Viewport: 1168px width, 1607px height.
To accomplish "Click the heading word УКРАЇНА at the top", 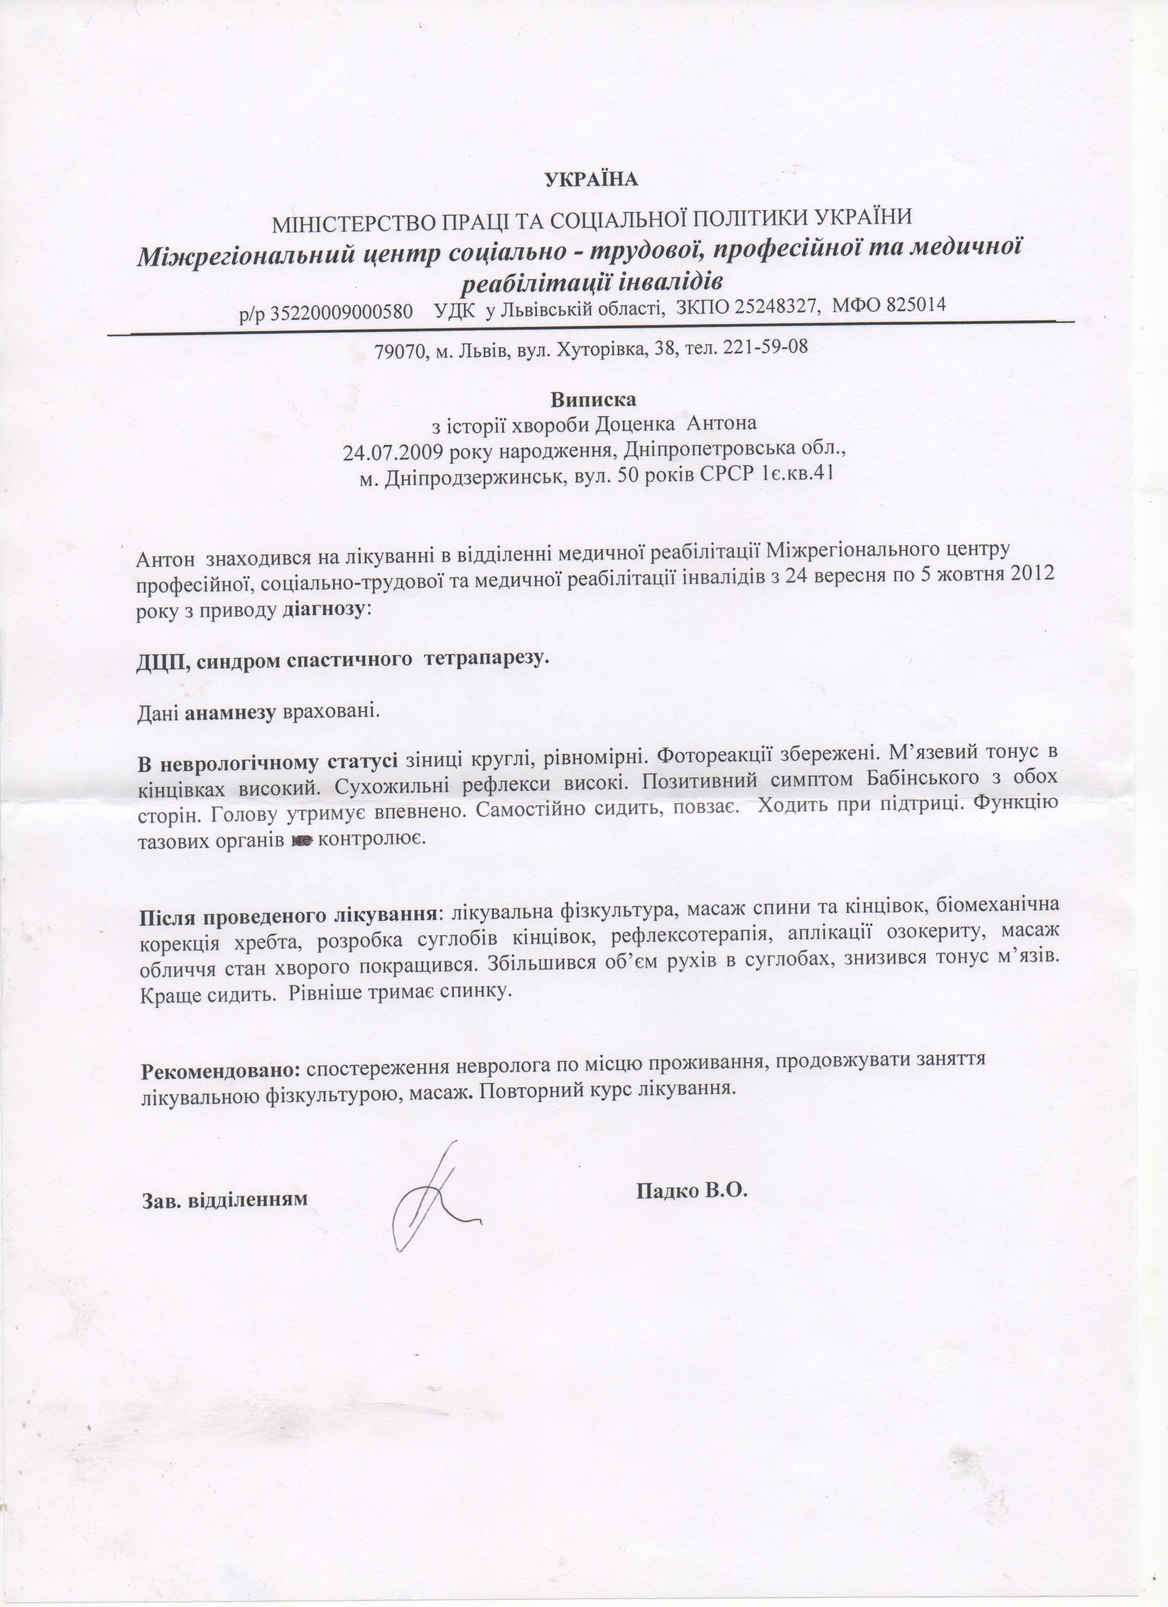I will (592, 179).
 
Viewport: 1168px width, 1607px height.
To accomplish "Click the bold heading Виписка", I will (594, 399).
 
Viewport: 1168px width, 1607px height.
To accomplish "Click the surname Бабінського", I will (922, 777).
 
